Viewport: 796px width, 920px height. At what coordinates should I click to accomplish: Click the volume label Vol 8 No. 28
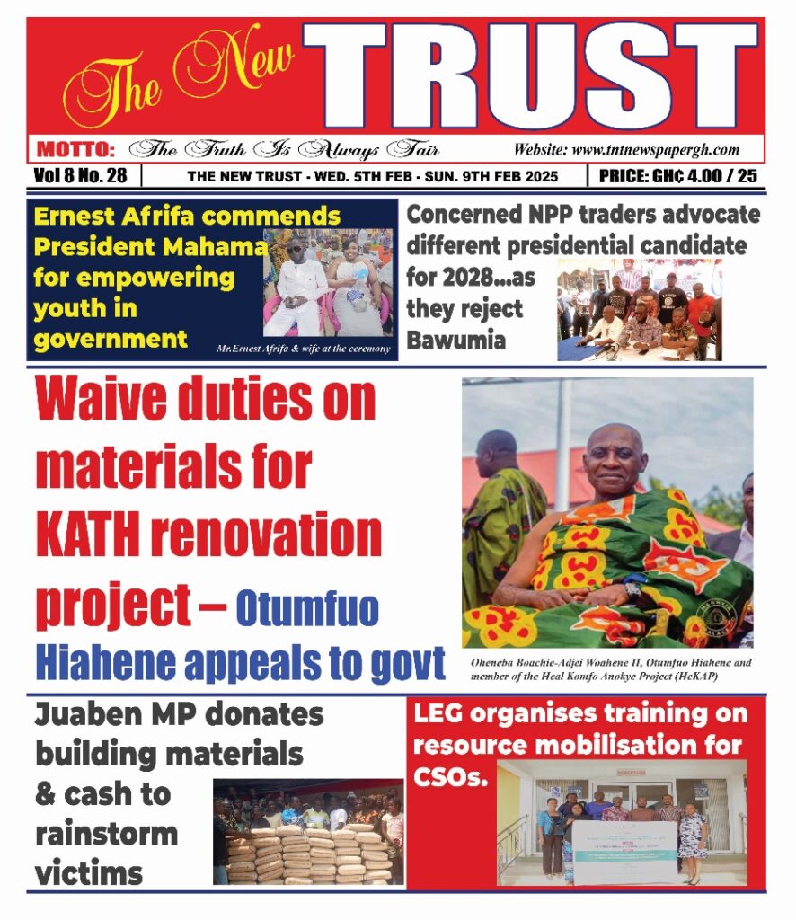[x=80, y=175]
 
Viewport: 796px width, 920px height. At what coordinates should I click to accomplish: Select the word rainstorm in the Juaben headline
[x=106, y=833]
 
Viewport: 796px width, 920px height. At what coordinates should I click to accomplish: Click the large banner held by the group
[x=619, y=845]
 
